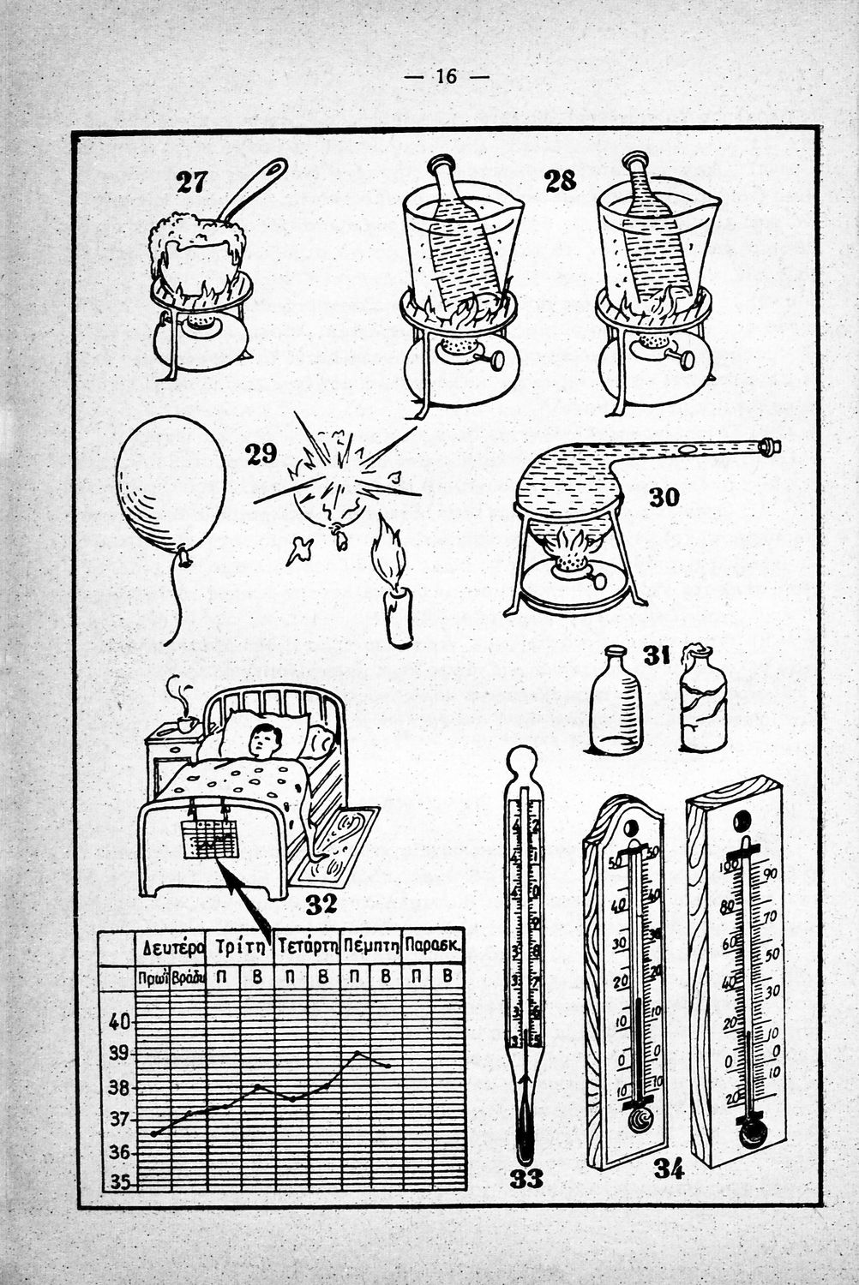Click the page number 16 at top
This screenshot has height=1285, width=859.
coord(446,76)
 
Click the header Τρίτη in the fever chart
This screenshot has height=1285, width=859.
coord(239,947)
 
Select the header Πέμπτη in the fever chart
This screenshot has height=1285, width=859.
coord(371,947)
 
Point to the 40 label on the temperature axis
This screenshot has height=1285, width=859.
coord(119,1021)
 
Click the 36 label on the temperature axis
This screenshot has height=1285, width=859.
coord(119,1152)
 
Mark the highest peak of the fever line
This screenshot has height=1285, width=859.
coord(357,1052)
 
